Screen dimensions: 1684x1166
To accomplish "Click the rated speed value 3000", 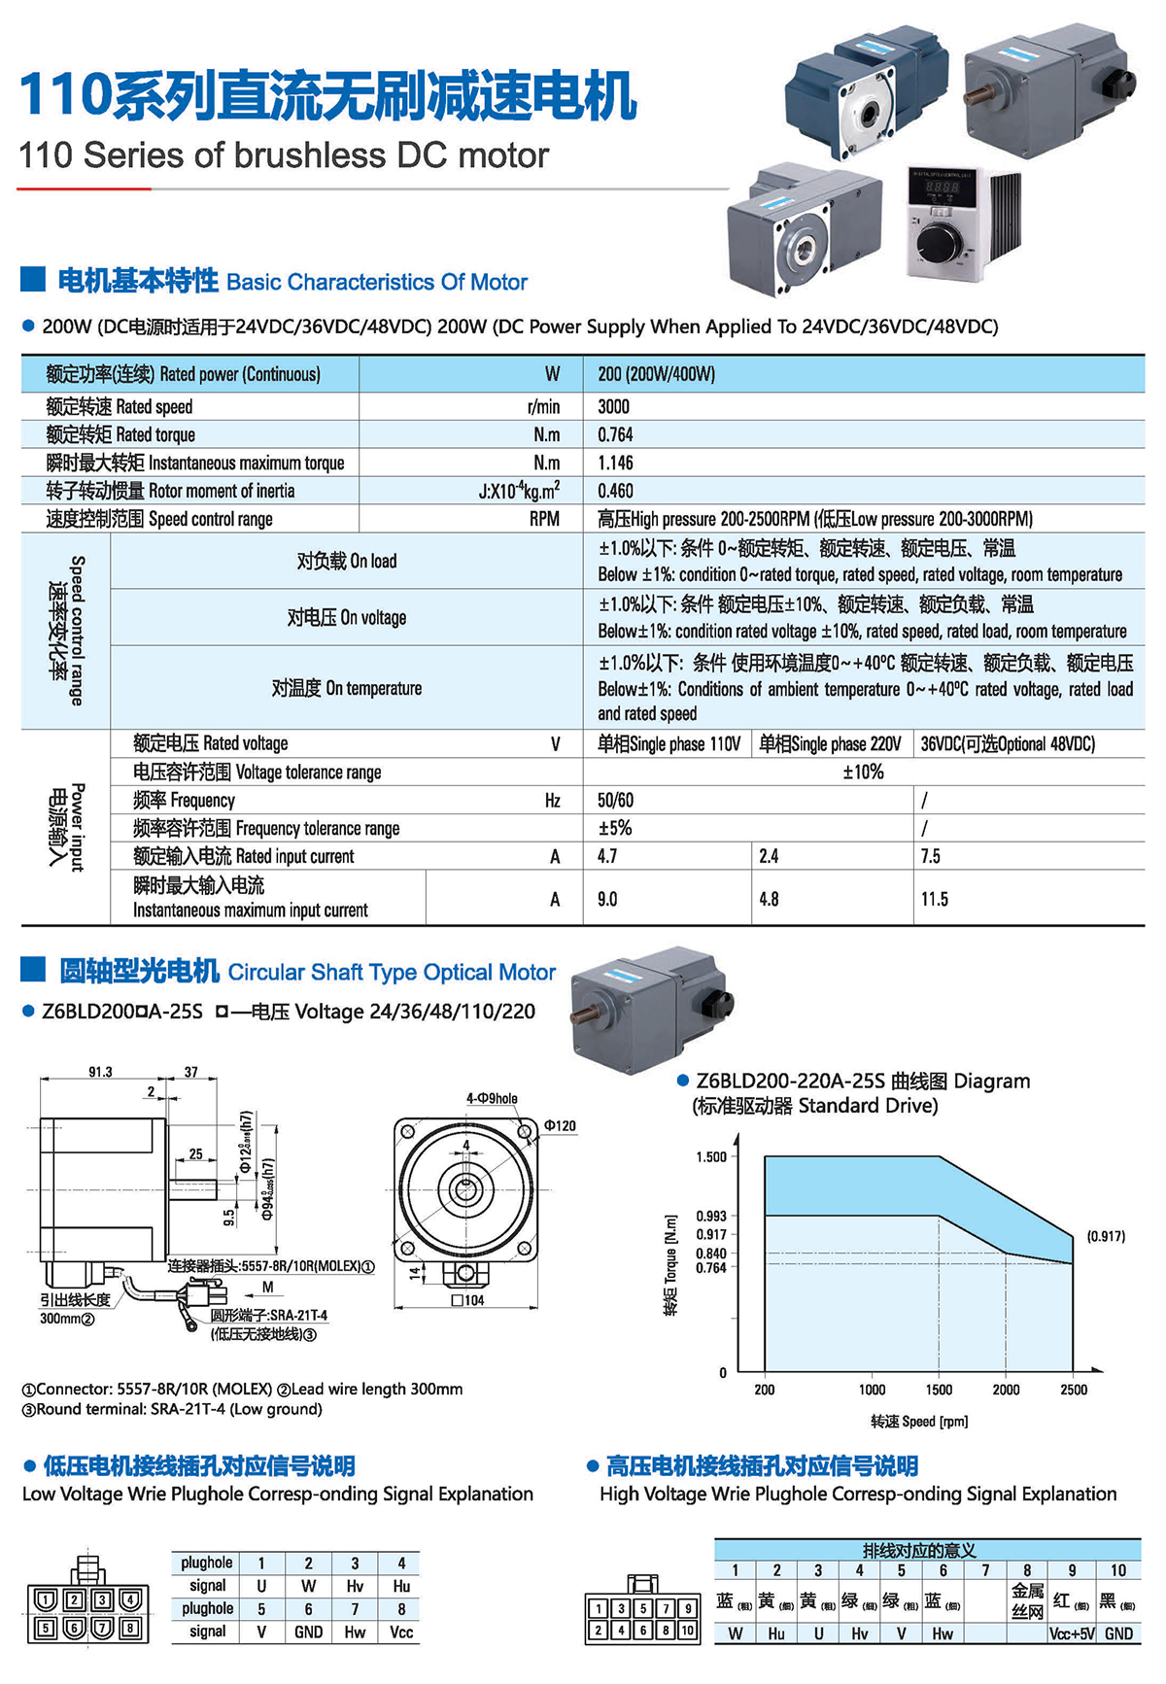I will coord(614,406).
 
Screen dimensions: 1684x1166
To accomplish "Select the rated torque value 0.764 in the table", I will coord(615,434).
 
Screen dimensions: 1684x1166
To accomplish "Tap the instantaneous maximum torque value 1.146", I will coord(615,463).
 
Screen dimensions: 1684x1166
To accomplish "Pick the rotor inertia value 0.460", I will coord(615,491).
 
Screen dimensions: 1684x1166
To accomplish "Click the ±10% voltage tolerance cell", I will coord(863,772).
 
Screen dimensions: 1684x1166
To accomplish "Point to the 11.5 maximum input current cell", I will coord(935,899).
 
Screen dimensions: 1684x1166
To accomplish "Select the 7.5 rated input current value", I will coord(931,856).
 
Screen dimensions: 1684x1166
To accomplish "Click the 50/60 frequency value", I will coord(615,800).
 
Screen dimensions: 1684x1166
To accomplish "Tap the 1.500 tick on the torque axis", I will coord(711,1156).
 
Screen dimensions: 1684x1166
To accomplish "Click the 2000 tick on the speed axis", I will coord(1006,1390).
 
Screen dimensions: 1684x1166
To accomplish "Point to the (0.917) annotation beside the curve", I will coord(1106,1236).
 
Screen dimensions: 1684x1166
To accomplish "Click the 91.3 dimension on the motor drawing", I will coord(100,1072).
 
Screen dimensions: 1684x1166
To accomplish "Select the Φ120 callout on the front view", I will coord(560,1125).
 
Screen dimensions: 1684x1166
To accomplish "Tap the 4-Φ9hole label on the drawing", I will coord(492,1098).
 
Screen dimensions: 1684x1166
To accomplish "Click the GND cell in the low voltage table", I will coord(308,1632).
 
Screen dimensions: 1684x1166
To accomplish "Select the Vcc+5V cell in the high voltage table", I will coord(1073,1633).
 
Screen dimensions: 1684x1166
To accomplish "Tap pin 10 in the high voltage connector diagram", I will coord(687,1630).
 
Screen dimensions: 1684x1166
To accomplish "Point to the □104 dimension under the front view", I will coord(468,1300).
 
